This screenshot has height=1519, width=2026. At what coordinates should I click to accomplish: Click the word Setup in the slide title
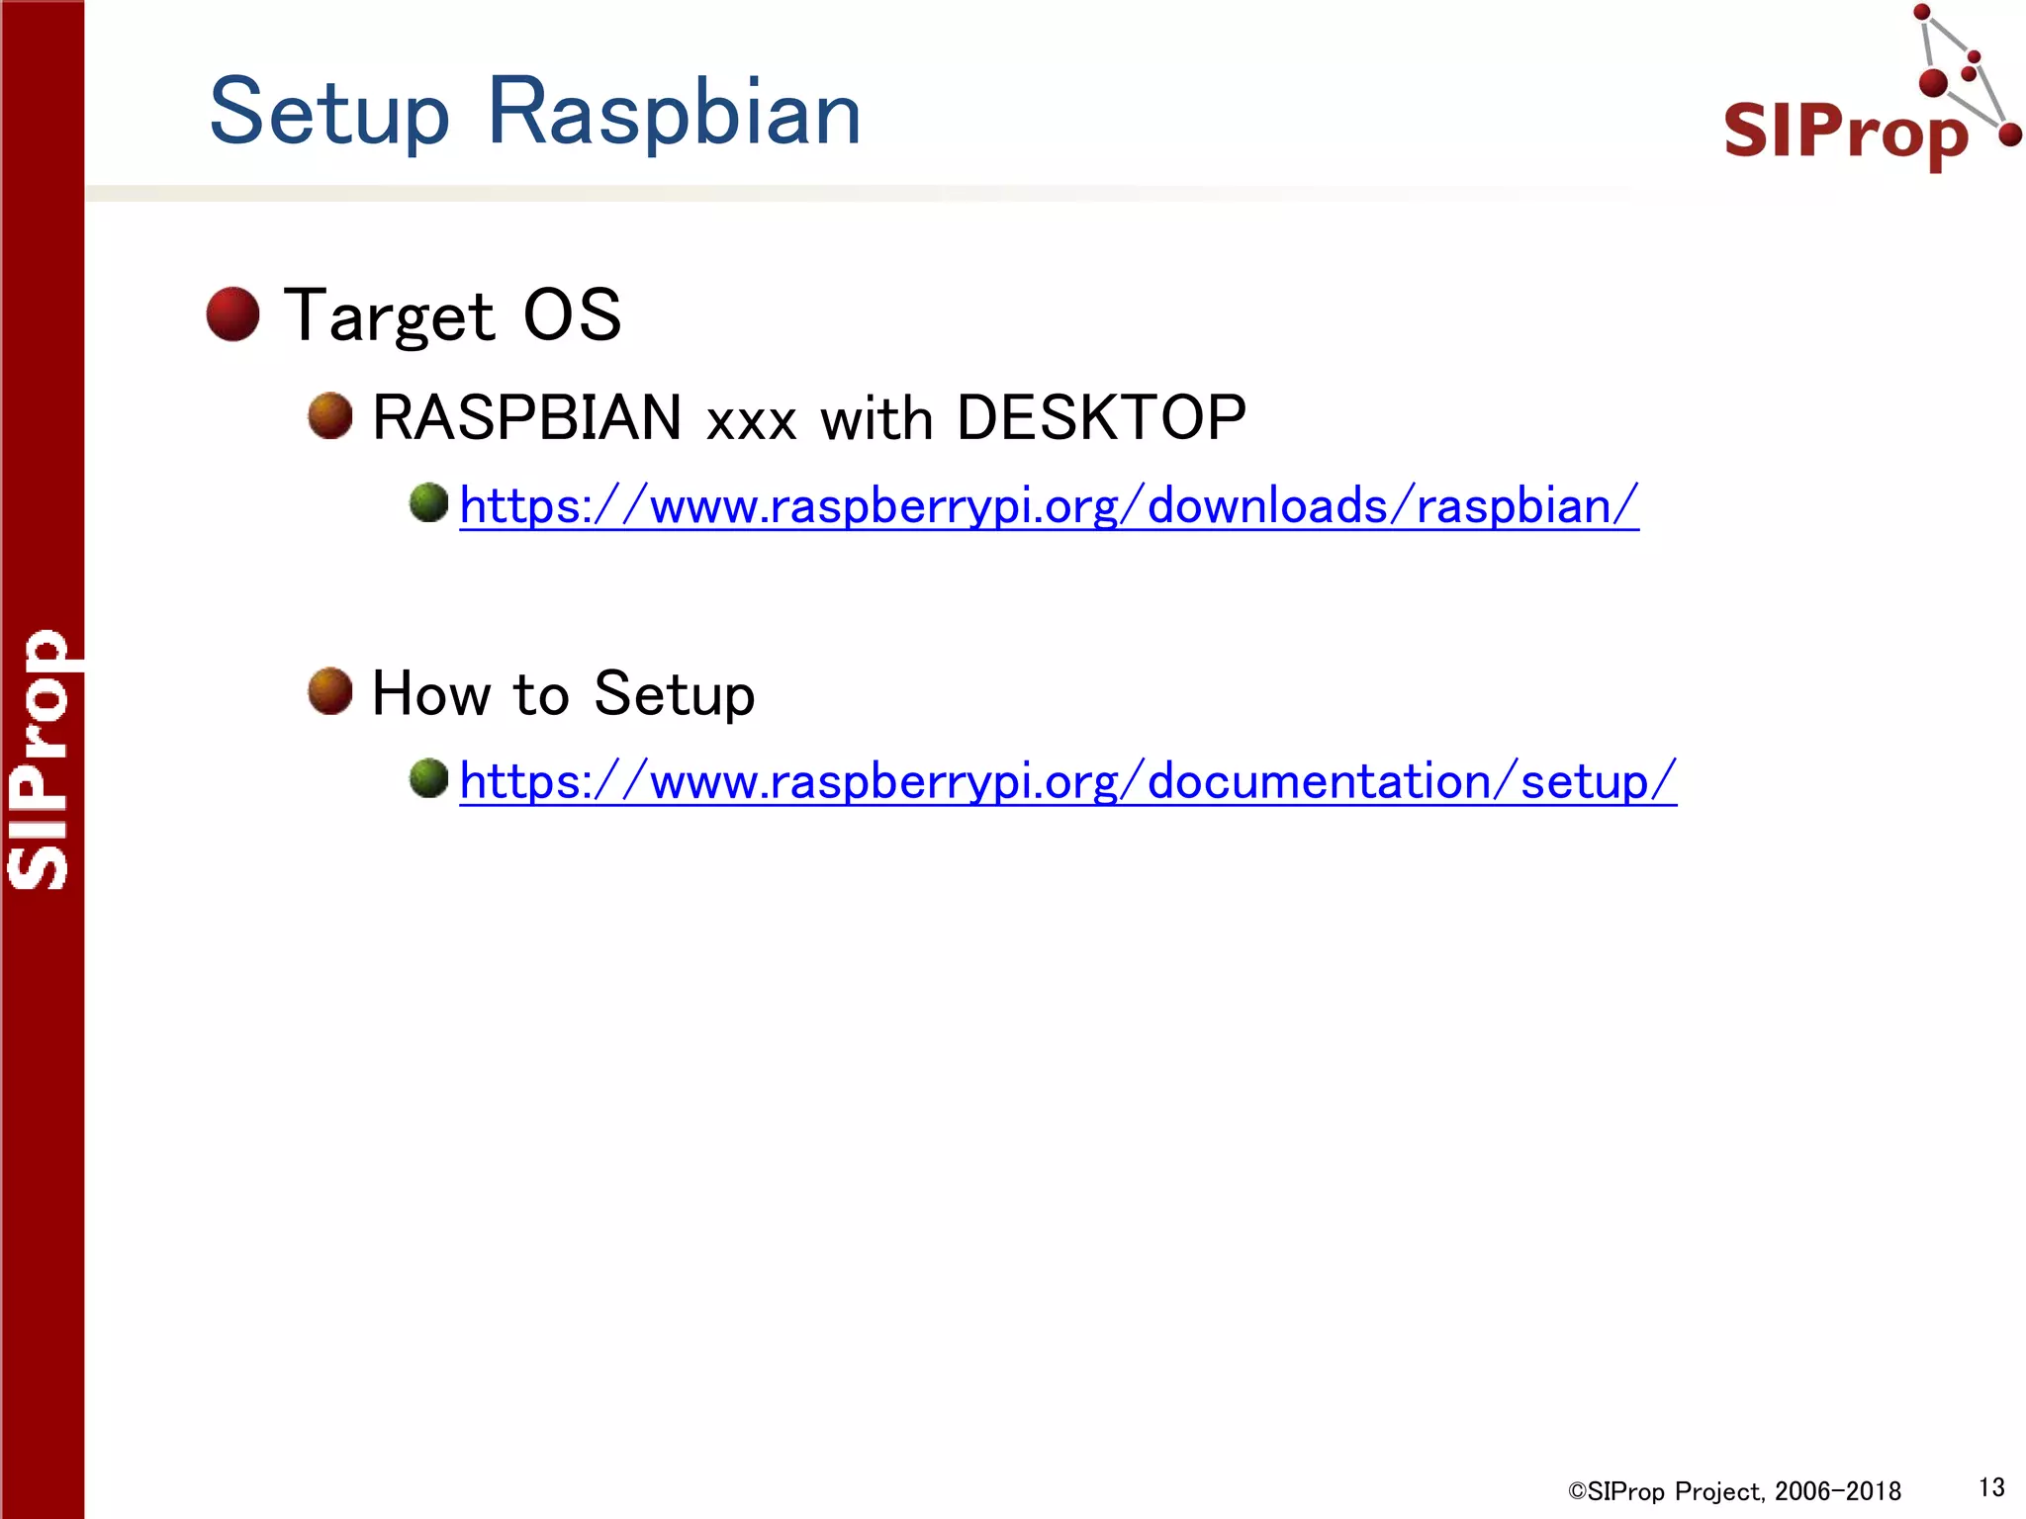[x=329, y=113]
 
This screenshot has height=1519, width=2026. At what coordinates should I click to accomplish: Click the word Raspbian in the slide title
[x=675, y=113]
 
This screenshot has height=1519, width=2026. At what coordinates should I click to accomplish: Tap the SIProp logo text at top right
[x=1846, y=131]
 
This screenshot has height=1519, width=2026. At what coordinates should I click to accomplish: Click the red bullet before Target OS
[x=233, y=314]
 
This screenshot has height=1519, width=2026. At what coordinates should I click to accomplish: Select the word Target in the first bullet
[x=389, y=316]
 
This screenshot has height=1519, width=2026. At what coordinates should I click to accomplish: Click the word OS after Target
[x=572, y=316]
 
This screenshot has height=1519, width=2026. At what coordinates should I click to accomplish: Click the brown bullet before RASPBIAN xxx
[x=330, y=415]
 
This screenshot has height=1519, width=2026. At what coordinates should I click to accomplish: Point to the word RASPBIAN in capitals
[x=526, y=417]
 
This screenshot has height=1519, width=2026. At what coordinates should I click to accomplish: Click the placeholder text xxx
[x=752, y=421]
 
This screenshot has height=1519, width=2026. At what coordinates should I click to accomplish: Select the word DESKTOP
[x=1100, y=417]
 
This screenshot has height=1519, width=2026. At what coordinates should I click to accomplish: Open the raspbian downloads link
[x=1049, y=506]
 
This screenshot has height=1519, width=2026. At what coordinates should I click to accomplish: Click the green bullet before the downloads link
[x=429, y=502]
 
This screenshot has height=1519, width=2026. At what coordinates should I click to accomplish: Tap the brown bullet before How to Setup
[x=330, y=690]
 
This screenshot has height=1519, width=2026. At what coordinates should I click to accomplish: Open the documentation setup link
[x=1068, y=781]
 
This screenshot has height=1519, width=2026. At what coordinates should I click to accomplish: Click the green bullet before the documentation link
[x=429, y=778]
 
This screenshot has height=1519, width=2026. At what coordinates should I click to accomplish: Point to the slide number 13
[x=1990, y=1487]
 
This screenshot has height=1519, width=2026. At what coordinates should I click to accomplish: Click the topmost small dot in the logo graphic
[x=1922, y=13]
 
